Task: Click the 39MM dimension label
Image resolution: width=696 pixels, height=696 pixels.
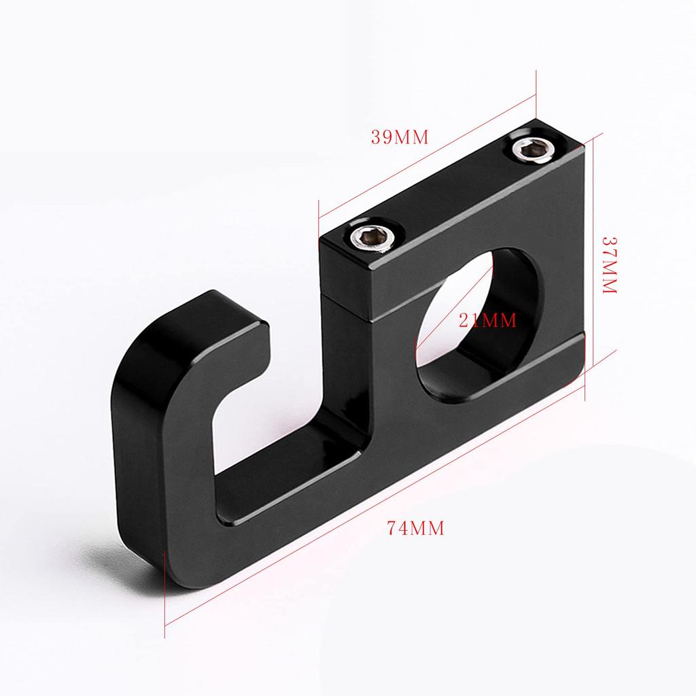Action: point(400,137)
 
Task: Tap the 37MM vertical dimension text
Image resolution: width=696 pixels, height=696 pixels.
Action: point(609,264)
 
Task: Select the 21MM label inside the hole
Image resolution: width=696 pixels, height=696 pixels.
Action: point(487,319)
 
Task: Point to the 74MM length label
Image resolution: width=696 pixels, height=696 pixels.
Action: point(415,527)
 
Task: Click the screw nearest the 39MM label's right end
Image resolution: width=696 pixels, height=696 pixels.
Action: point(531,149)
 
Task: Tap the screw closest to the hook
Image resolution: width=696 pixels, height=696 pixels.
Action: point(370,237)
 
